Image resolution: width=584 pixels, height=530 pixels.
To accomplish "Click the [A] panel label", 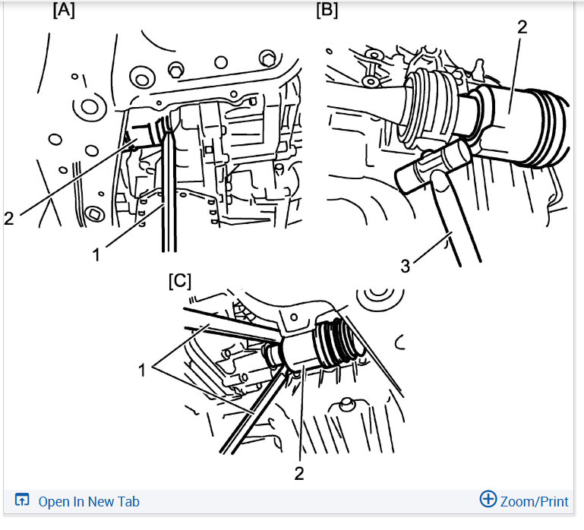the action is click(x=64, y=10).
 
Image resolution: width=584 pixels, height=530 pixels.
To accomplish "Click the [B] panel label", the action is click(x=327, y=10).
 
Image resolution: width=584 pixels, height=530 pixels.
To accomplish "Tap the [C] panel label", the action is click(x=180, y=281).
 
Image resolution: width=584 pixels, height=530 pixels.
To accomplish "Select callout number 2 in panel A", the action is click(x=9, y=218).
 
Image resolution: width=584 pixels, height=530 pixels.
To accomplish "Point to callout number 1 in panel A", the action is click(x=96, y=255).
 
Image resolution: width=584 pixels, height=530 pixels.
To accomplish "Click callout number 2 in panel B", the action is click(x=522, y=27).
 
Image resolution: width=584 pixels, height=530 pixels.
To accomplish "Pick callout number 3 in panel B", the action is click(x=406, y=266).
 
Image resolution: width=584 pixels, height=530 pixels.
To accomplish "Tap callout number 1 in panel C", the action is click(x=141, y=371).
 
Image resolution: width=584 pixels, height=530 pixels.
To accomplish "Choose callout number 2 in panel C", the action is click(x=299, y=473).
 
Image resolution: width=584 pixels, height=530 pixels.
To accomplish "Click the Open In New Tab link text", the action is click(x=89, y=501).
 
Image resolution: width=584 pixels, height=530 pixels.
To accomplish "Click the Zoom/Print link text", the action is click(x=534, y=501).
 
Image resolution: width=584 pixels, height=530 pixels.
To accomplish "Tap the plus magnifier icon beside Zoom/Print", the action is click(x=488, y=499).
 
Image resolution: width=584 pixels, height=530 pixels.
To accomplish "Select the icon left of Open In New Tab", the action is click(x=22, y=500).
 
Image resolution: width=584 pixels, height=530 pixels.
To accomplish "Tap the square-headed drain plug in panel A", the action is click(x=93, y=214).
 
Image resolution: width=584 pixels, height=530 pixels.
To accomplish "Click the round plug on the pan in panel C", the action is click(x=346, y=404).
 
